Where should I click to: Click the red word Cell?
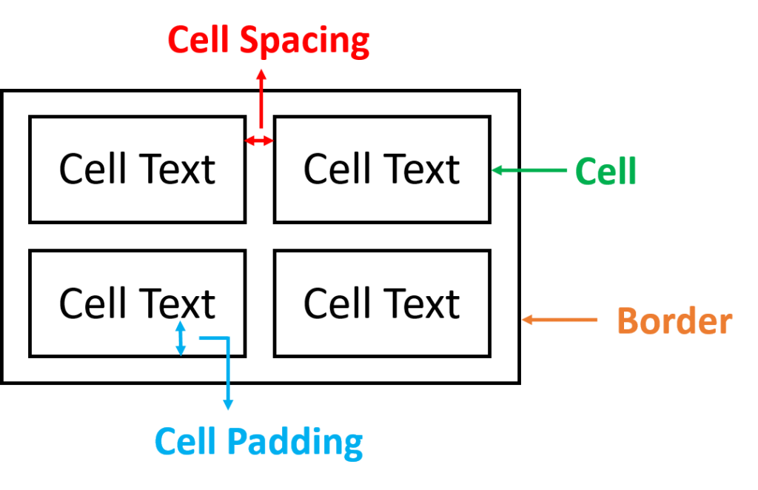[x=198, y=41]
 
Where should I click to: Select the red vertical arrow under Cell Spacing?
[x=261, y=100]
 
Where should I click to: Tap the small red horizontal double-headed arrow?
[x=259, y=141]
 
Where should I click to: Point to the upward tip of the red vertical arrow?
[x=261, y=71]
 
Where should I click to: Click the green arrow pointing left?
[x=529, y=170]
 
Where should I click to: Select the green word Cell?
[x=606, y=172]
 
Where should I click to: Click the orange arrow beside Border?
[x=559, y=320]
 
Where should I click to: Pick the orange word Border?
[x=674, y=321]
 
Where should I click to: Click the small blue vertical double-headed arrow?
[x=180, y=338]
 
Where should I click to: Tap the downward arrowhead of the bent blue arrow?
[x=228, y=405]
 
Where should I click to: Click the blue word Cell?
[x=185, y=442]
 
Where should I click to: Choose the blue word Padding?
[x=295, y=443]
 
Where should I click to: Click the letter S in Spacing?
[x=249, y=41]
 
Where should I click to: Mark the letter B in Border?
[x=627, y=321]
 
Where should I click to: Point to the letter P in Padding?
[x=235, y=442]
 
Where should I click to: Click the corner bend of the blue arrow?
[x=228, y=339]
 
